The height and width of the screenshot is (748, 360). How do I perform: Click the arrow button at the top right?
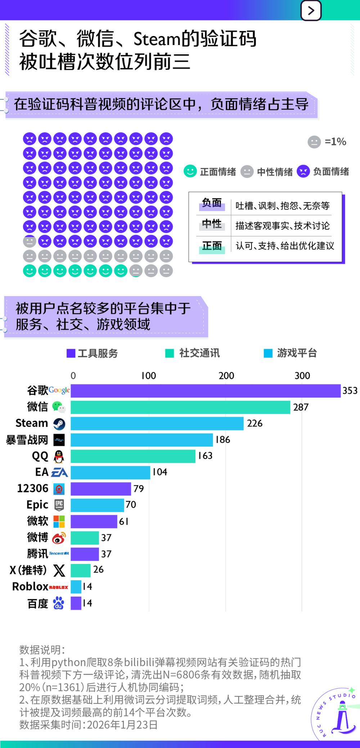[311, 10]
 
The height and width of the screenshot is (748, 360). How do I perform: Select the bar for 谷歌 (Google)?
[205, 391]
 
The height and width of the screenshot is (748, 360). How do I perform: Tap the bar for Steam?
[157, 424]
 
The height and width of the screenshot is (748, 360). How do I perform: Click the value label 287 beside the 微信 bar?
[301, 407]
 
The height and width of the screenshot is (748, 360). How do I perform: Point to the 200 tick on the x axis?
[226, 376]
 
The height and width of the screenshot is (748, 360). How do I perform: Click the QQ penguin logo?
[59, 456]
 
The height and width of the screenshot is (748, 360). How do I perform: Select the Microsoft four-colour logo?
[59, 521]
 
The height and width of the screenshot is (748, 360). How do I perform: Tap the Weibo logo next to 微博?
[59, 538]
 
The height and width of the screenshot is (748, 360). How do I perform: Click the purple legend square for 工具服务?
[71, 353]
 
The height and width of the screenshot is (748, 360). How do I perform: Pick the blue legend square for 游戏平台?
[268, 353]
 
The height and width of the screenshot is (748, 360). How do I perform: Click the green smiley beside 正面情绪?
[190, 171]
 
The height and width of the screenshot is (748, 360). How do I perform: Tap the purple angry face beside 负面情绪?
[303, 171]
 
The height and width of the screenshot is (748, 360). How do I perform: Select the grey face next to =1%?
[314, 142]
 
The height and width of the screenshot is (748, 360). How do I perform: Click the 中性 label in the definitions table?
[212, 224]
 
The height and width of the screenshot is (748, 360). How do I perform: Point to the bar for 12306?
[101, 489]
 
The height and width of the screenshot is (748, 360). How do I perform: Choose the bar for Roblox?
[76, 587]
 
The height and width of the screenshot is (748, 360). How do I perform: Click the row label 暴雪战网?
[27, 440]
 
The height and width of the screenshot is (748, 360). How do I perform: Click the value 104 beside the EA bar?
[160, 472]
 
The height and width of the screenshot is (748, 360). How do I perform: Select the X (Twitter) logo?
[59, 570]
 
